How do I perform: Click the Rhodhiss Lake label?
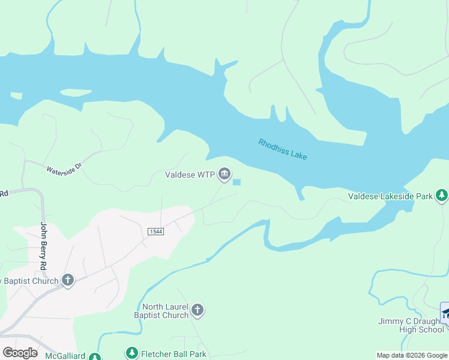coord(283,149)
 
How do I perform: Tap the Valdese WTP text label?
coord(190,175)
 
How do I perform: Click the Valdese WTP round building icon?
coord(224,175)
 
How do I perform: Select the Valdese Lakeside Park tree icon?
coord(442,196)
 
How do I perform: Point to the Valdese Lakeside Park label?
coord(391,196)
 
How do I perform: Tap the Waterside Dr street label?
coord(64,166)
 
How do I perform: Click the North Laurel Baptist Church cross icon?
coord(197,310)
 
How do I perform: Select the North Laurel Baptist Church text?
coord(161,311)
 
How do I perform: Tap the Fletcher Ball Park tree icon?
coord(131,354)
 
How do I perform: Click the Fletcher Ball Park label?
coord(173,354)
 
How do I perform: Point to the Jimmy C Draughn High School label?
coord(411,325)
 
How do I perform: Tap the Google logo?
coord(20,353)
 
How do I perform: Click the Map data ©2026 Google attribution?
coord(412,355)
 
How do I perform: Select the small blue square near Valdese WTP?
coord(237,182)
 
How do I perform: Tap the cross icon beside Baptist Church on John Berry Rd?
coord(68,280)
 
